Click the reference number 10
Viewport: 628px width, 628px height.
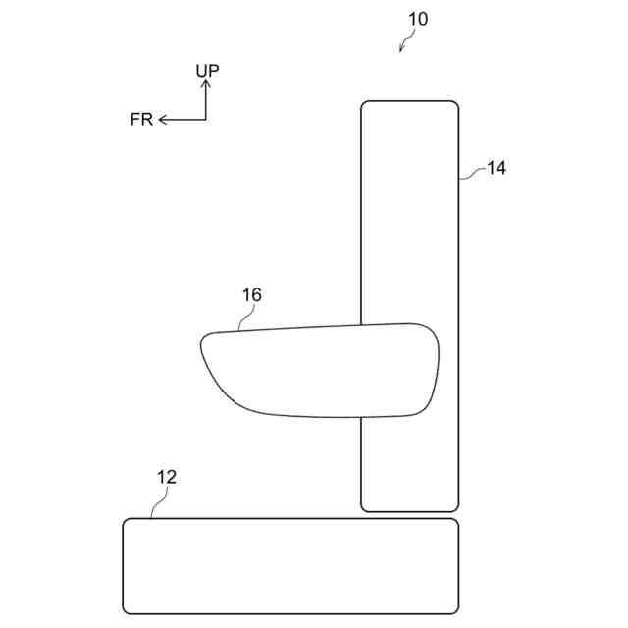[418, 19]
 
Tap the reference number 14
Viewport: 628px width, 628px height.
[497, 168]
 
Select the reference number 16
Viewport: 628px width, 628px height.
[252, 295]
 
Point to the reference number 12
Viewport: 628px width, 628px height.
[167, 477]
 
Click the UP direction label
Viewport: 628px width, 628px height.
[207, 71]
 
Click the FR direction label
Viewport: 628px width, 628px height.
[141, 120]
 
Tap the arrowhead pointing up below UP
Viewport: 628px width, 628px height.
[206, 83]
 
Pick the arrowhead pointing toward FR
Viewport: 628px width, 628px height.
[163, 120]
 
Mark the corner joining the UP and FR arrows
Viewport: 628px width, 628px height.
[206, 120]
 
